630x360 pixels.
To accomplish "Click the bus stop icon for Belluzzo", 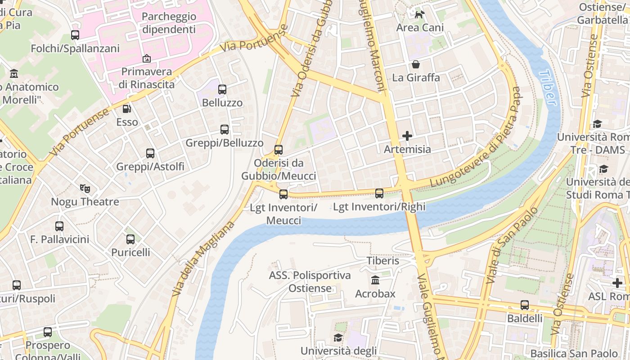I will click(222, 89).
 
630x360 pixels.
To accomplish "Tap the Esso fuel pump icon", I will click(127, 108).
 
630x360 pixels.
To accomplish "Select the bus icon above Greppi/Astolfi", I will click(150, 153).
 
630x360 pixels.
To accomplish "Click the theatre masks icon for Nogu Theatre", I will click(85, 188).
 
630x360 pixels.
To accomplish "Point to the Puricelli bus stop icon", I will click(130, 239).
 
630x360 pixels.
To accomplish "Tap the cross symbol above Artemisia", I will click(407, 135).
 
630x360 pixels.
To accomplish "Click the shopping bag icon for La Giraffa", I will click(416, 64).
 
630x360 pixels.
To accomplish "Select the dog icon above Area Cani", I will click(419, 14).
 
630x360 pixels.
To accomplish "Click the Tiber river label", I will click(548, 87).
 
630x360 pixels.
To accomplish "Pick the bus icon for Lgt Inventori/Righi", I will click(379, 193).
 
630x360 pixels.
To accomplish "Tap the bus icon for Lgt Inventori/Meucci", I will click(283, 194).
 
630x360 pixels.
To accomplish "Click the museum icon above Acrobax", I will click(375, 280).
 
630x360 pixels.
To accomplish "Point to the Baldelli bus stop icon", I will click(525, 305).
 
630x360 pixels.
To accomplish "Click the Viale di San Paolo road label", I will click(513, 245).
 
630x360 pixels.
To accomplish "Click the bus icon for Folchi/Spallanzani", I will click(75, 35).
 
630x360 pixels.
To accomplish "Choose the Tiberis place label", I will click(382, 261).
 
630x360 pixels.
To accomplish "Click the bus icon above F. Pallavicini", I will click(59, 226).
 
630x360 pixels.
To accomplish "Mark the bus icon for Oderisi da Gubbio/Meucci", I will click(279, 149).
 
